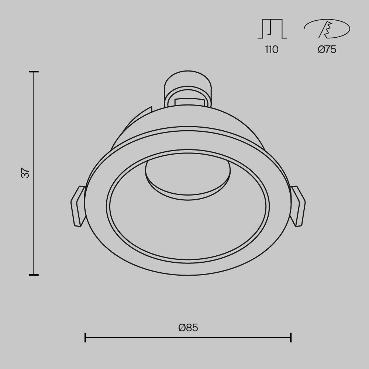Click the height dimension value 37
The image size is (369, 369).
click(25, 173)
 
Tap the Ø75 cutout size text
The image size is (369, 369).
click(327, 49)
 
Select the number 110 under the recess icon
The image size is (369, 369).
click(271, 49)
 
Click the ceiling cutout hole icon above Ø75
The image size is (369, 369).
click(327, 29)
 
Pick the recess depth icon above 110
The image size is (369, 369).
click(272, 29)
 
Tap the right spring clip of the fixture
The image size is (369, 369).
click(298, 206)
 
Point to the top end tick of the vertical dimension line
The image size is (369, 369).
click(34, 72)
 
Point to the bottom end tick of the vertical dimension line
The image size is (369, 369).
click(34, 275)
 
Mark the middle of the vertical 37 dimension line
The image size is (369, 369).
click(34, 173)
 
